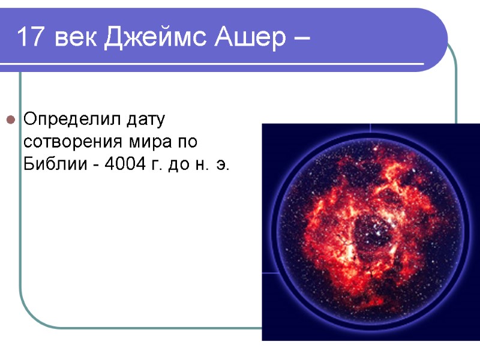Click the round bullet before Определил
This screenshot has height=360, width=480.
(x=10, y=121)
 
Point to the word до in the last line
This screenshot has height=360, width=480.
(x=179, y=165)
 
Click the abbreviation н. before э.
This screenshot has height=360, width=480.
(x=201, y=165)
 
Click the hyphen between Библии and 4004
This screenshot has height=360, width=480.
(x=95, y=165)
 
